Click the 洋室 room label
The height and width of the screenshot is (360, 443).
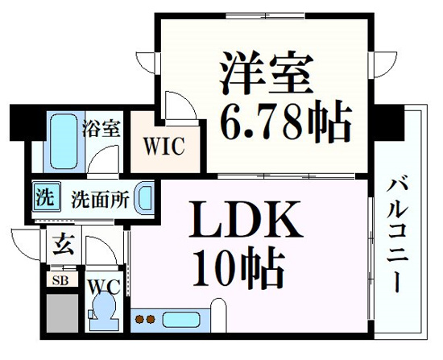(267, 73)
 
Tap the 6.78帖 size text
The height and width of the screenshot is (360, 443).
(286, 121)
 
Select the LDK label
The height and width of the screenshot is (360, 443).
(246, 219)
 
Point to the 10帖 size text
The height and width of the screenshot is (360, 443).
(238, 267)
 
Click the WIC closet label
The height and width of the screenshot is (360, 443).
(164, 146)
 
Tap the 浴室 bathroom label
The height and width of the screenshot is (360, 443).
(101, 129)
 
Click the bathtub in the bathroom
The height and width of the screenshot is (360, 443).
(64, 141)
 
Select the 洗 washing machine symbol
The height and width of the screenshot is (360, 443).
(47, 197)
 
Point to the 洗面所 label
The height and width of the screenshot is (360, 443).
(101, 200)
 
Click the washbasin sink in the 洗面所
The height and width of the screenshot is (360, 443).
(145, 198)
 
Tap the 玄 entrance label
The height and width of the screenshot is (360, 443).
(64, 244)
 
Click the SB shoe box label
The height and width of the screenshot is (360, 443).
(60, 280)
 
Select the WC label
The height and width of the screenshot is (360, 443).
(104, 288)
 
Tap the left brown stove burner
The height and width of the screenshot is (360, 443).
(139, 319)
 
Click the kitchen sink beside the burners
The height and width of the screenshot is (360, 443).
(181, 320)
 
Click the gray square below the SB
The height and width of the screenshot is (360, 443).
(62, 313)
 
